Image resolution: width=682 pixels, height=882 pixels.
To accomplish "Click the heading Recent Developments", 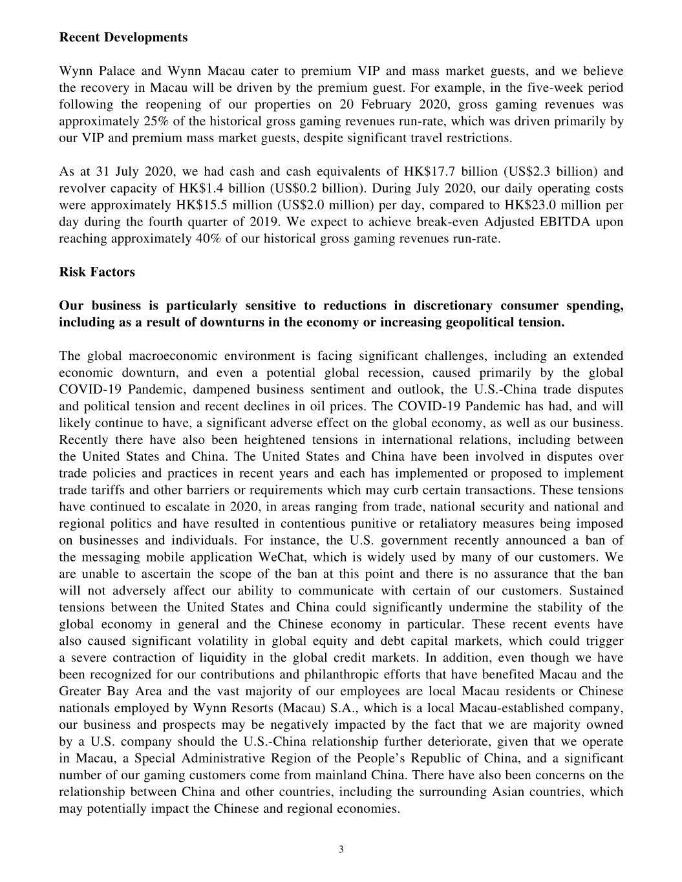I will coord(123,37).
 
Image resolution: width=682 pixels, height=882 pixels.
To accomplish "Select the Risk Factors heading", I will coord(97,272).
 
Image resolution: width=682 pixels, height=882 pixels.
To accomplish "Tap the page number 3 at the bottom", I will coord(341,849).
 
